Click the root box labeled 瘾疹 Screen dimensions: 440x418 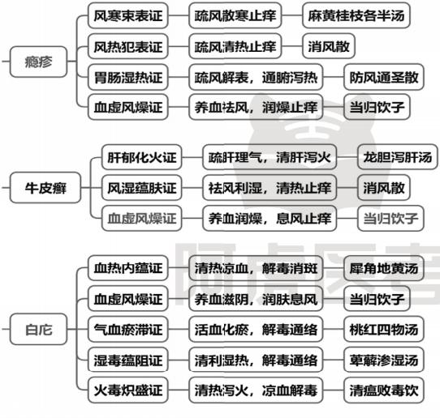coord(38,62)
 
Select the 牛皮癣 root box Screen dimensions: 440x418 coord(45,188)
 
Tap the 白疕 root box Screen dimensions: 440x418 coord(38,329)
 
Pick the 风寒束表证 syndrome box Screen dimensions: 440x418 coord(128,15)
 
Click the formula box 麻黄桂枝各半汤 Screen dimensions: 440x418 coord(356,15)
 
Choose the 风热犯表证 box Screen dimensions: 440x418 coord(128,46)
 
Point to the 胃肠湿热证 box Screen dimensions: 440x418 coord(128,77)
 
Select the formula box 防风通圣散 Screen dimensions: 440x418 coord(384,77)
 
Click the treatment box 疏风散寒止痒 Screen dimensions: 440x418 coord(235,15)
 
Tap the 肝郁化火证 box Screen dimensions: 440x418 coord(142,157)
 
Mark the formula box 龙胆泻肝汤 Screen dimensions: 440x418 coord(397,157)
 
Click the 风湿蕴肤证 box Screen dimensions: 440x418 coord(142,188)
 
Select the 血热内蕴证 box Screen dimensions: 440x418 coord(128,268)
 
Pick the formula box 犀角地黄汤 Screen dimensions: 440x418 coord(384,268)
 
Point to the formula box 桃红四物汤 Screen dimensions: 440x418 coord(384,329)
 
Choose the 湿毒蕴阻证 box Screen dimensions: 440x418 coord(128,360)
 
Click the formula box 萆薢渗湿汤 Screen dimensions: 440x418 coord(384,360)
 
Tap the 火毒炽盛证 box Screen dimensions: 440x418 coord(128,390)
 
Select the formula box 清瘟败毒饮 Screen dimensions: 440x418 coord(384,390)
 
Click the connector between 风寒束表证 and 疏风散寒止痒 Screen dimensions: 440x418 coord(179,15)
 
